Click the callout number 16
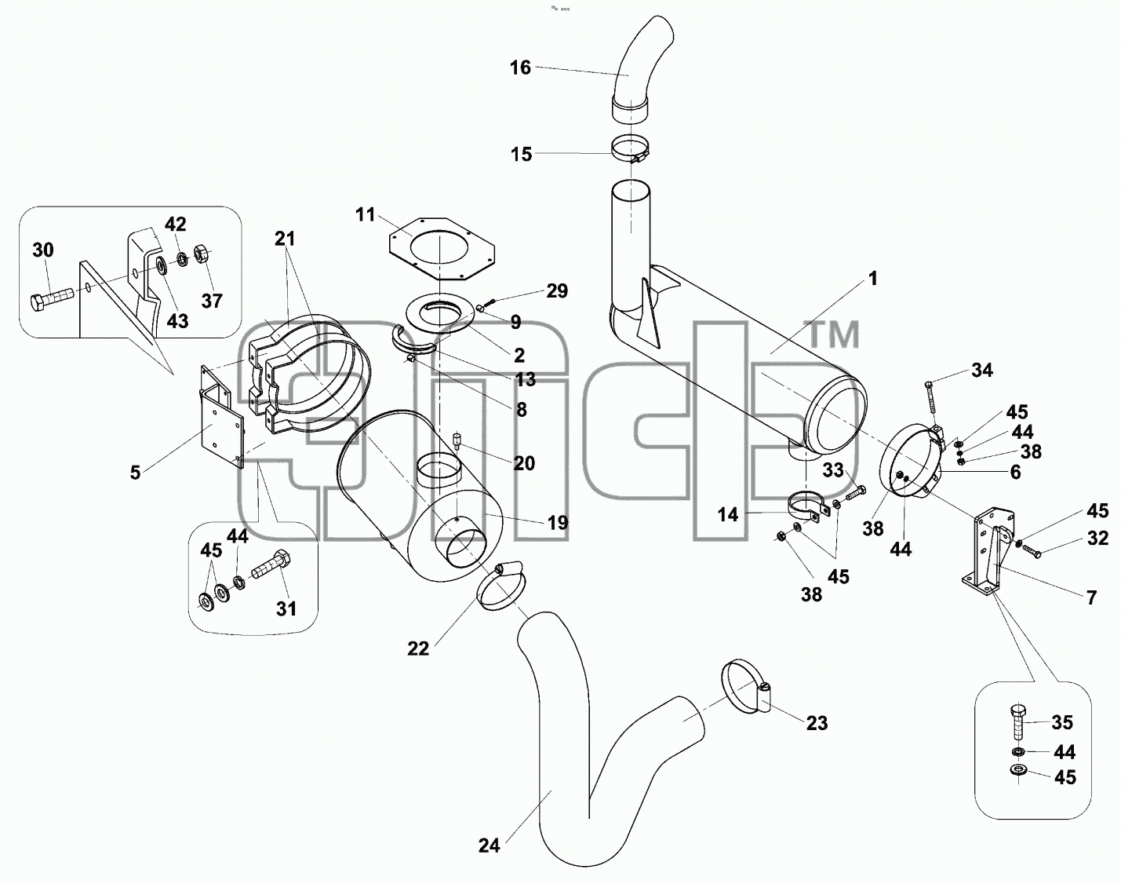coord(520,68)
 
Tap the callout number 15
coord(521,155)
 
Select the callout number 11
coord(365,214)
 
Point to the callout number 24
coord(489,846)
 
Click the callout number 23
coord(817,723)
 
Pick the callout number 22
coord(418,648)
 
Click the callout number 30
coord(42,250)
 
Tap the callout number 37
coord(212,301)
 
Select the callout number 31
coord(286,608)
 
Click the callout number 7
coord(1091,597)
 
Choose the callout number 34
coord(982,370)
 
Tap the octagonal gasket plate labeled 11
coord(442,250)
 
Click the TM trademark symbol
coord(833,334)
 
